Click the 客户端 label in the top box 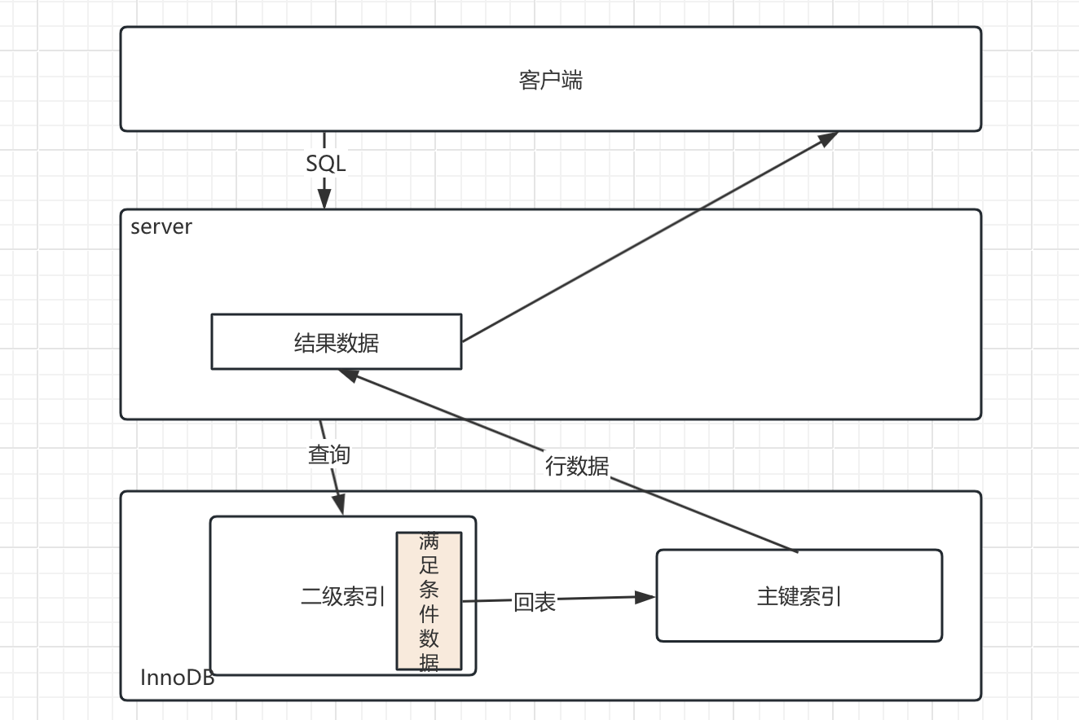point(550,80)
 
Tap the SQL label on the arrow point(325,164)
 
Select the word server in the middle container point(161,226)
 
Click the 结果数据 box point(336,342)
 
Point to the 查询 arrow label point(328,454)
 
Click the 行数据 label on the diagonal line point(576,466)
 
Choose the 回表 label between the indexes point(535,602)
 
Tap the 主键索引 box point(799,596)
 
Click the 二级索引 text point(342,597)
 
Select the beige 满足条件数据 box point(429,601)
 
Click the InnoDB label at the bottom point(177,678)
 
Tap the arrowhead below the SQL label point(324,198)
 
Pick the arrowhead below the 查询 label point(338,504)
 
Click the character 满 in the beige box point(429,542)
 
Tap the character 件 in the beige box point(429,612)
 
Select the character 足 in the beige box point(429,565)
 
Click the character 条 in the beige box point(429,589)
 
